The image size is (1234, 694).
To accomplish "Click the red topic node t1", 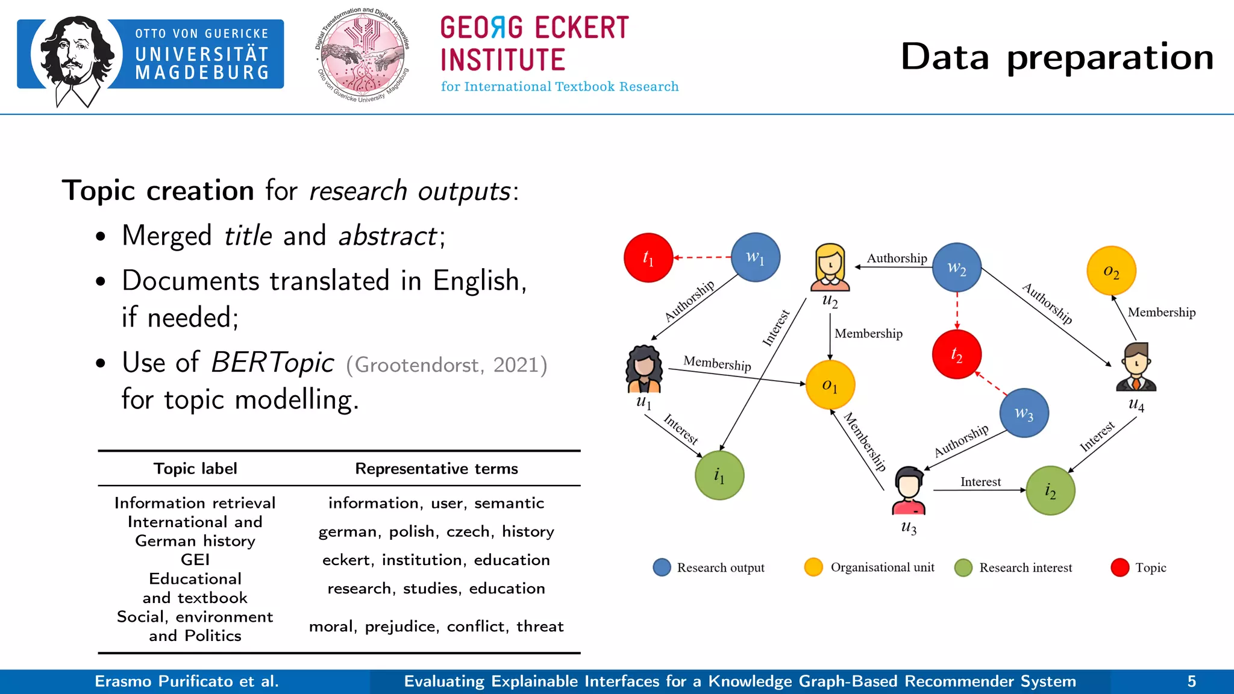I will point(648,258).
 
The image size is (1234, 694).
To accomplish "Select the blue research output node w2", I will point(957,267).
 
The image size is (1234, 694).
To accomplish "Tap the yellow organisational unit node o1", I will point(830,385).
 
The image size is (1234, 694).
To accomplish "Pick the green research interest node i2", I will point(1050,490).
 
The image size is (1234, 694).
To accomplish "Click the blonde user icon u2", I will point(830,267).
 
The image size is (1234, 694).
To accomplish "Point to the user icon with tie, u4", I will point(1136,367).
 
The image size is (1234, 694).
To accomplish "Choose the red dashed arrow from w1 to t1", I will point(702,257).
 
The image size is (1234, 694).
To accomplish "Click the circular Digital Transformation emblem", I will point(363,55).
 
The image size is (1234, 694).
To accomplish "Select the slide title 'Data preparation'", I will point(1057,57).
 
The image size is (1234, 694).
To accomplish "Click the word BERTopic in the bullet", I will point(272,363).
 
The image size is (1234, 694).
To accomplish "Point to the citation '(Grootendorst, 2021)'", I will point(446,365).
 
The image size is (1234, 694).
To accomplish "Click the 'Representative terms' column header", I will point(436,469).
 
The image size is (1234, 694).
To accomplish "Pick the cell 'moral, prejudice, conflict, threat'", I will point(436,627).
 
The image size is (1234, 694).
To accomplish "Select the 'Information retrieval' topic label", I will point(195,503).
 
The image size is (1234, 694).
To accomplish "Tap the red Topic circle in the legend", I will point(1120,567).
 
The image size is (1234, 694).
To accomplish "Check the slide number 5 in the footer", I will point(1191,681).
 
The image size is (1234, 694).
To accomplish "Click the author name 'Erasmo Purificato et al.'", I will point(187,681).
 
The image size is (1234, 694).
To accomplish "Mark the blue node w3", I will point(1024,413).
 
